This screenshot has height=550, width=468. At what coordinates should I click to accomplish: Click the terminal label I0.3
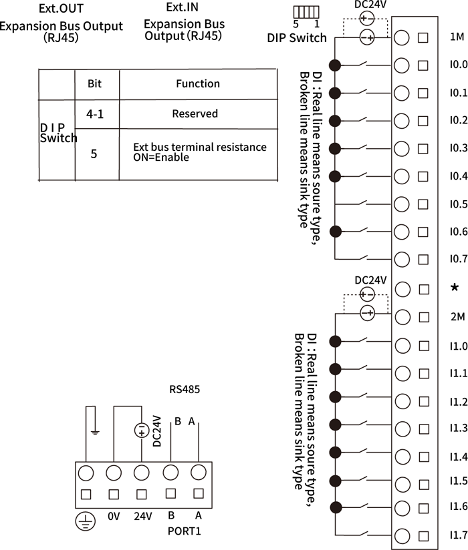[x=459, y=148]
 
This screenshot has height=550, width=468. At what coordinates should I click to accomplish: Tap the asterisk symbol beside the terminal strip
[x=455, y=288]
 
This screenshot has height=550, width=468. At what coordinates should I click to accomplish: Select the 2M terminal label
[x=458, y=317]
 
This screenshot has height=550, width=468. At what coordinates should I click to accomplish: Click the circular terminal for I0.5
[x=401, y=204]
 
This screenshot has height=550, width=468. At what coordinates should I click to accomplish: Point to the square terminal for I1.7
[x=423, y=535]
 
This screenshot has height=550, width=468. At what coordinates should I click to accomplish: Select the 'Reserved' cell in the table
[x=195, y=113]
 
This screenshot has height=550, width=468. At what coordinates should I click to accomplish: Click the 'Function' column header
[x=198, y=83]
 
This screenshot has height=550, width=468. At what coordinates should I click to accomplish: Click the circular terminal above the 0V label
[x=114, y=473]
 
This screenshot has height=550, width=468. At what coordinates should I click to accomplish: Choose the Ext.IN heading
[x=184, y=7]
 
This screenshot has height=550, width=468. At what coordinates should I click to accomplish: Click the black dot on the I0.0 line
[x=336, y=65]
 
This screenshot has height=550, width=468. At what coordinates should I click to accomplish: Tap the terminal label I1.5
[x=459, y=481]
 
